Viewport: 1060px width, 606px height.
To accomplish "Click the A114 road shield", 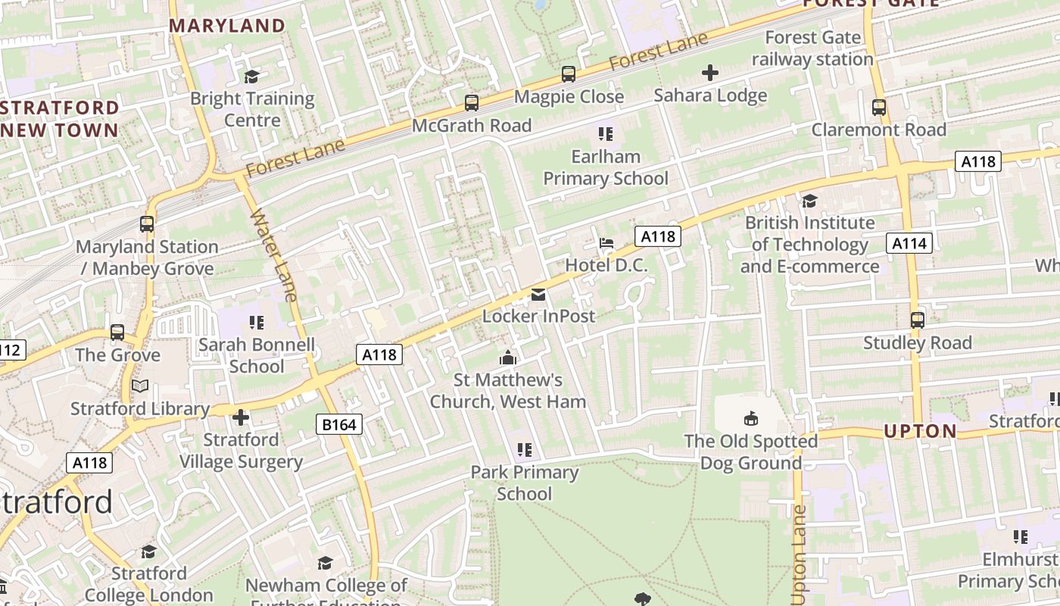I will click(909, 243).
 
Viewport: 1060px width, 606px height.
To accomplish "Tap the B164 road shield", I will click(338, 424).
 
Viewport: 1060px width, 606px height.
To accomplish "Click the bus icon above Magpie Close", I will click(569, 74).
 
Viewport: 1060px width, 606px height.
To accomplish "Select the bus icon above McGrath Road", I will click(472, 103).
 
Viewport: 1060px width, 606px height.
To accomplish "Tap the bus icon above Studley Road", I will click(917, 320).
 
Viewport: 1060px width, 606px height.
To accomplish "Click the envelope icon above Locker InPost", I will click(538, 294).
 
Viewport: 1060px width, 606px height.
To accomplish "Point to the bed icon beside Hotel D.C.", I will click(606, 243).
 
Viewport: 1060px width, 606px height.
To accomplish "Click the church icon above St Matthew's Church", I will click(508, 358).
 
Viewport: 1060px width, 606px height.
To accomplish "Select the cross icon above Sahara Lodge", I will click(709, 73).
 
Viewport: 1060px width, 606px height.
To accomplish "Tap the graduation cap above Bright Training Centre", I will click(251, 77).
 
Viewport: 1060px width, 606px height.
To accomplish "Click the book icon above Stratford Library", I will click(140, 386).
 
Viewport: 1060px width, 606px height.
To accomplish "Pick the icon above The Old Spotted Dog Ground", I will click(750, 418).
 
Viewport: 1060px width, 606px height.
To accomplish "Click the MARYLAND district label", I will click(226, 26).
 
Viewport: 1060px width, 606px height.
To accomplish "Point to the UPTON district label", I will click(920, 431).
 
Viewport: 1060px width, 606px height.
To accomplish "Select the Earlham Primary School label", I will click(606, 167).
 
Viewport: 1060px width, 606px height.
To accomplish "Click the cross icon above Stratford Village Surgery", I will click(241, 417).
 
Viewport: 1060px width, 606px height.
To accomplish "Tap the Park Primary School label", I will click(524, 483).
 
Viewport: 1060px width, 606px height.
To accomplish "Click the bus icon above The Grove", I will click(117, 333).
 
